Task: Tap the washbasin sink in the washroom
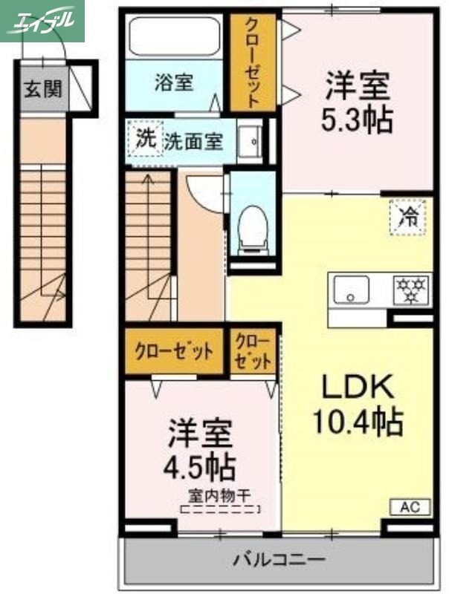pyautogui.click(x=253, y=141)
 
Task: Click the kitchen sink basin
pyautogui.click(x=352, y=290)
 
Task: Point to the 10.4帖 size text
pyautogui.click(x=356, y=422)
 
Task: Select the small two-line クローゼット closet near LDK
pyautogui.click(x=253, y=351)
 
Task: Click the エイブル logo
pyautogui.click(x=42, y=21)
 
